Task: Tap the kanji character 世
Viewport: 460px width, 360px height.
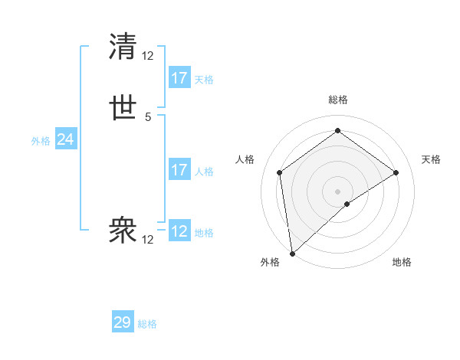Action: coord(123,109)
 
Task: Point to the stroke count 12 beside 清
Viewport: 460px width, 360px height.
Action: coord(148,55)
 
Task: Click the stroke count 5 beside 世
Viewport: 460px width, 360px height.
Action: coord(148,117)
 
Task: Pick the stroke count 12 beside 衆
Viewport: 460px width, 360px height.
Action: coord(148,240)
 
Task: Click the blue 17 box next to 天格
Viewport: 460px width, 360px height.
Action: coord(179,78)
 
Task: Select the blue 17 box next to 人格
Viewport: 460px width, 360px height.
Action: coord(179,170)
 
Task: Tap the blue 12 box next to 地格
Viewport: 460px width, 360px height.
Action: coord(179,231)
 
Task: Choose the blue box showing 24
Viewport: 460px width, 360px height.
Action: coord(66,139)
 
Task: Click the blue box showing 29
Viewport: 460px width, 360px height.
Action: coord(123,322)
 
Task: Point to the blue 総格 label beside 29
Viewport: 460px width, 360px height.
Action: coord(147,324)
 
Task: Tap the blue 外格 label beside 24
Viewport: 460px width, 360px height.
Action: coord(41,141)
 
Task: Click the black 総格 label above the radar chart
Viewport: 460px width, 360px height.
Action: coord(338,100)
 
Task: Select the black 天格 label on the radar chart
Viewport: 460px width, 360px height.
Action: coord(432,159)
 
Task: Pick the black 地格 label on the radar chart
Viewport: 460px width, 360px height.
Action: coord(402,262)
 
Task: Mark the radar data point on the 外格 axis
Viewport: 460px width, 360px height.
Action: coord(292,253)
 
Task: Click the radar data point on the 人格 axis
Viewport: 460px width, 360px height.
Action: coord(280,172)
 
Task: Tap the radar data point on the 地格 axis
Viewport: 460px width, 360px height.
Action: coord(347,204)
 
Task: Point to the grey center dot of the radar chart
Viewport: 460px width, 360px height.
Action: coord(338,191)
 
